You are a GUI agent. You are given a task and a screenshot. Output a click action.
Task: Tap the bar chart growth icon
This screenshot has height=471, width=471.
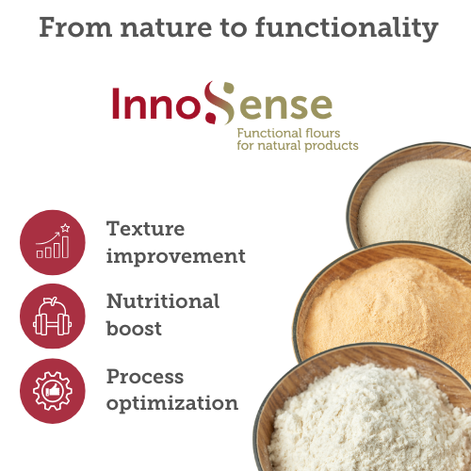52,242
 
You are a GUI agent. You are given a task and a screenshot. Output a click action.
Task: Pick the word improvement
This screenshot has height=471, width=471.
176,256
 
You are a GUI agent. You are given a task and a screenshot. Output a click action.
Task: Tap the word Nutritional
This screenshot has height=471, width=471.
163,301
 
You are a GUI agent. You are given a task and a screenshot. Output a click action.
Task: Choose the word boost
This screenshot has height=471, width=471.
134,330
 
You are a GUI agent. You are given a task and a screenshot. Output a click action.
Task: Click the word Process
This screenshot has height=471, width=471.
145,376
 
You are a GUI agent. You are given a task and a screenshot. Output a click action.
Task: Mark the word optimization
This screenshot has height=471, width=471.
172,403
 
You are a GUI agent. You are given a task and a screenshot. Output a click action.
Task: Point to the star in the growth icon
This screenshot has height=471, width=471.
65,227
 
